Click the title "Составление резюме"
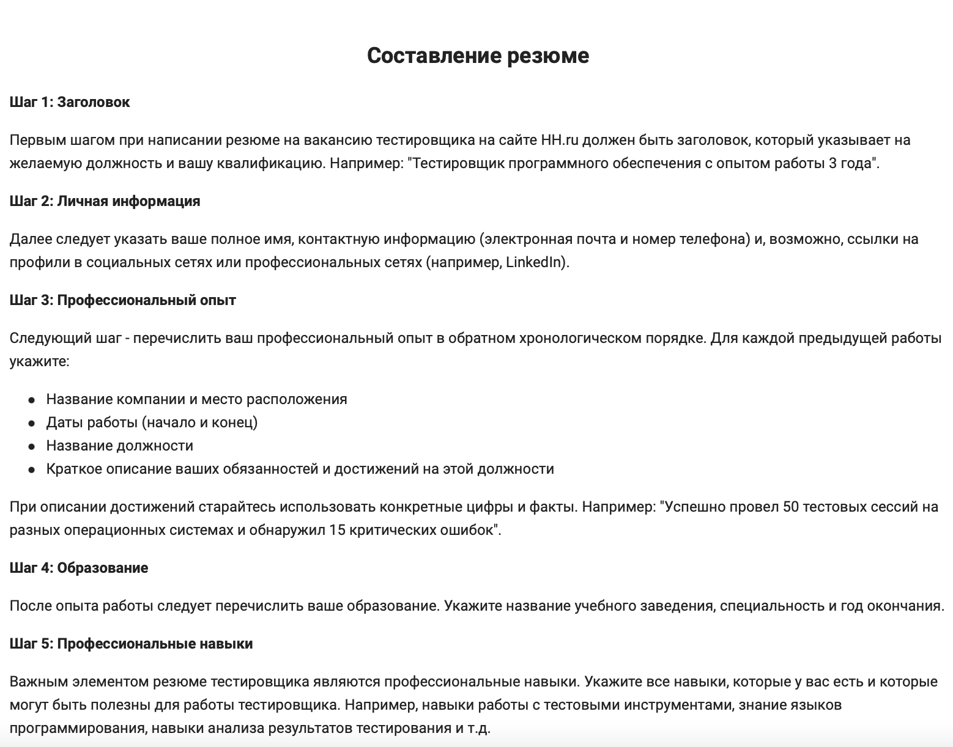(478, 56)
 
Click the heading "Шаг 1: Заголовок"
(70, 102)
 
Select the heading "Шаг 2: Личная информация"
(105, 201)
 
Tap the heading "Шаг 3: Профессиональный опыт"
(122, 300)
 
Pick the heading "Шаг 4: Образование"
(79, 568)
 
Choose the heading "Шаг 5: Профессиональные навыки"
(131, 644)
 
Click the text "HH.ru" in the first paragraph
(560, 140)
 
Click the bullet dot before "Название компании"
(31, 400)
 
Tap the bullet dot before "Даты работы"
(31, 423)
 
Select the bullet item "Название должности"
(120, 446)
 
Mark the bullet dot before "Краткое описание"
(31, 469)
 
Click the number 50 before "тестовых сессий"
(791, 507)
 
